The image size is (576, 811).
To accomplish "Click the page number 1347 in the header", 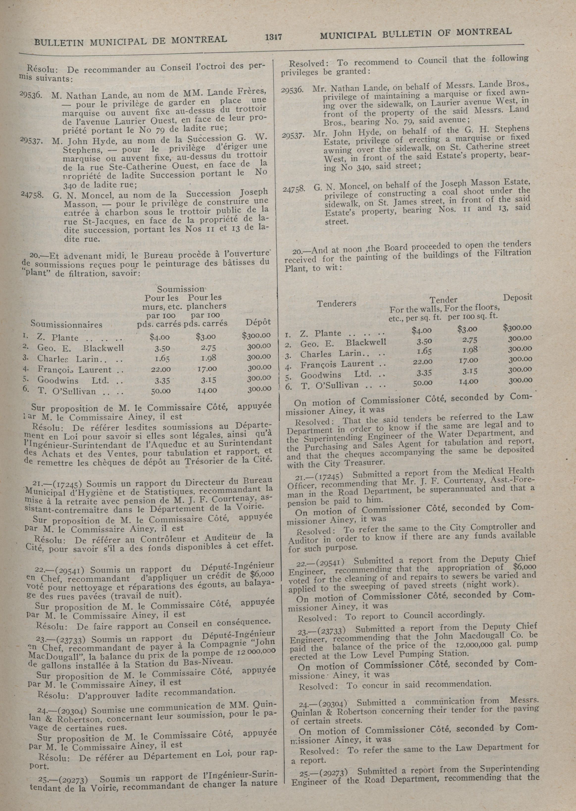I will [x=273, y=37].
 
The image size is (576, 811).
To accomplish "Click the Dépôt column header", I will [x=258, y=322].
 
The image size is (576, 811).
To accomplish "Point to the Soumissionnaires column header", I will [x=66, y=324].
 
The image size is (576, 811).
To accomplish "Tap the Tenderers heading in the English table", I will [x=336, y=304].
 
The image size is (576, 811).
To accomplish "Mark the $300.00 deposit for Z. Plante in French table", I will [x=256, y=335].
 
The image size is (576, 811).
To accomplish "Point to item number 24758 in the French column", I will [x=32, y=194].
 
